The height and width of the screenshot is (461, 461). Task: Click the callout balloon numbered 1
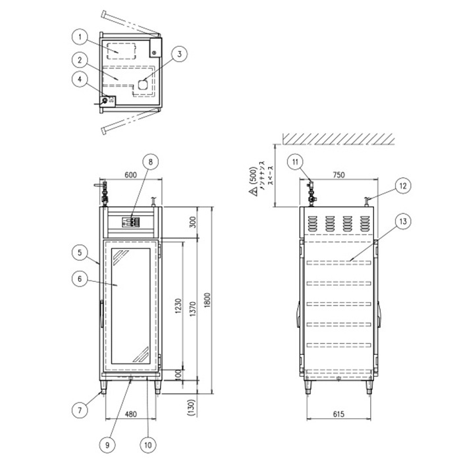click(x=78, y=36)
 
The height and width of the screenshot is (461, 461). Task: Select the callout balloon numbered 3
click(x=180, y=54)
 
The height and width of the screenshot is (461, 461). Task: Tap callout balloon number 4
click(x=78, y=78)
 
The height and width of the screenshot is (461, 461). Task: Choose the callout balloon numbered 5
click(x=78, y=252)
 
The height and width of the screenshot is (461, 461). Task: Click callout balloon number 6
click(x=78, y=279)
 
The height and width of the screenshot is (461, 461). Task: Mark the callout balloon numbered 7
click(x=78, y=409)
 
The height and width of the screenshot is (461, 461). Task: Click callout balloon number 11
click(x=295, y=161)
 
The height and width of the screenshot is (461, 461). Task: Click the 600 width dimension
click(x=129, y=175)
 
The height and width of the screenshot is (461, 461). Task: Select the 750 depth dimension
click(x=339, y=175)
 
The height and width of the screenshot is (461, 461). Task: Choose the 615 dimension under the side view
click(x=338, y=414)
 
